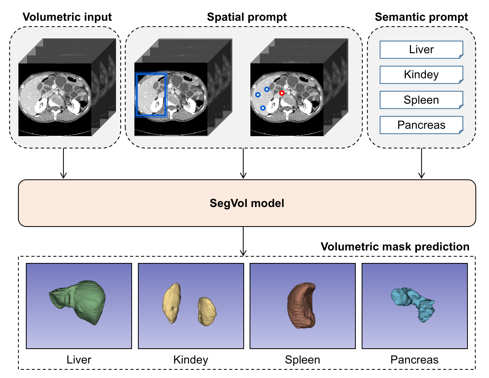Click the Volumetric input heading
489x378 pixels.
coord(67,17)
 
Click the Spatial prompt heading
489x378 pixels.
coord(247,17)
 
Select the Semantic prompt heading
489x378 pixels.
coord(421,17)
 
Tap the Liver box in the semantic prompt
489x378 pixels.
coord(421,50)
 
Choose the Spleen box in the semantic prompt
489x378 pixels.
coord(421,100)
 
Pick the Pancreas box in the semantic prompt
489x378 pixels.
coord(421,125)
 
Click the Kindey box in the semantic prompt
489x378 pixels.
coord(421,75)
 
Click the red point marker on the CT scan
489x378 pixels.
coord(282,93)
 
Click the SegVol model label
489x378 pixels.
coord(247,203)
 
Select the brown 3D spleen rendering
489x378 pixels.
coord(302,305)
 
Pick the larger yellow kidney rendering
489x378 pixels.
coord(172,303)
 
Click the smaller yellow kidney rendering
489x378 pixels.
coord(206,311)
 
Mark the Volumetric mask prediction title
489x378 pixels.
coord(395,247)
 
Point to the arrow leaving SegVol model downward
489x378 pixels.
coord(243,241)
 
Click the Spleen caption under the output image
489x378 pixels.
coord(302,360)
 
